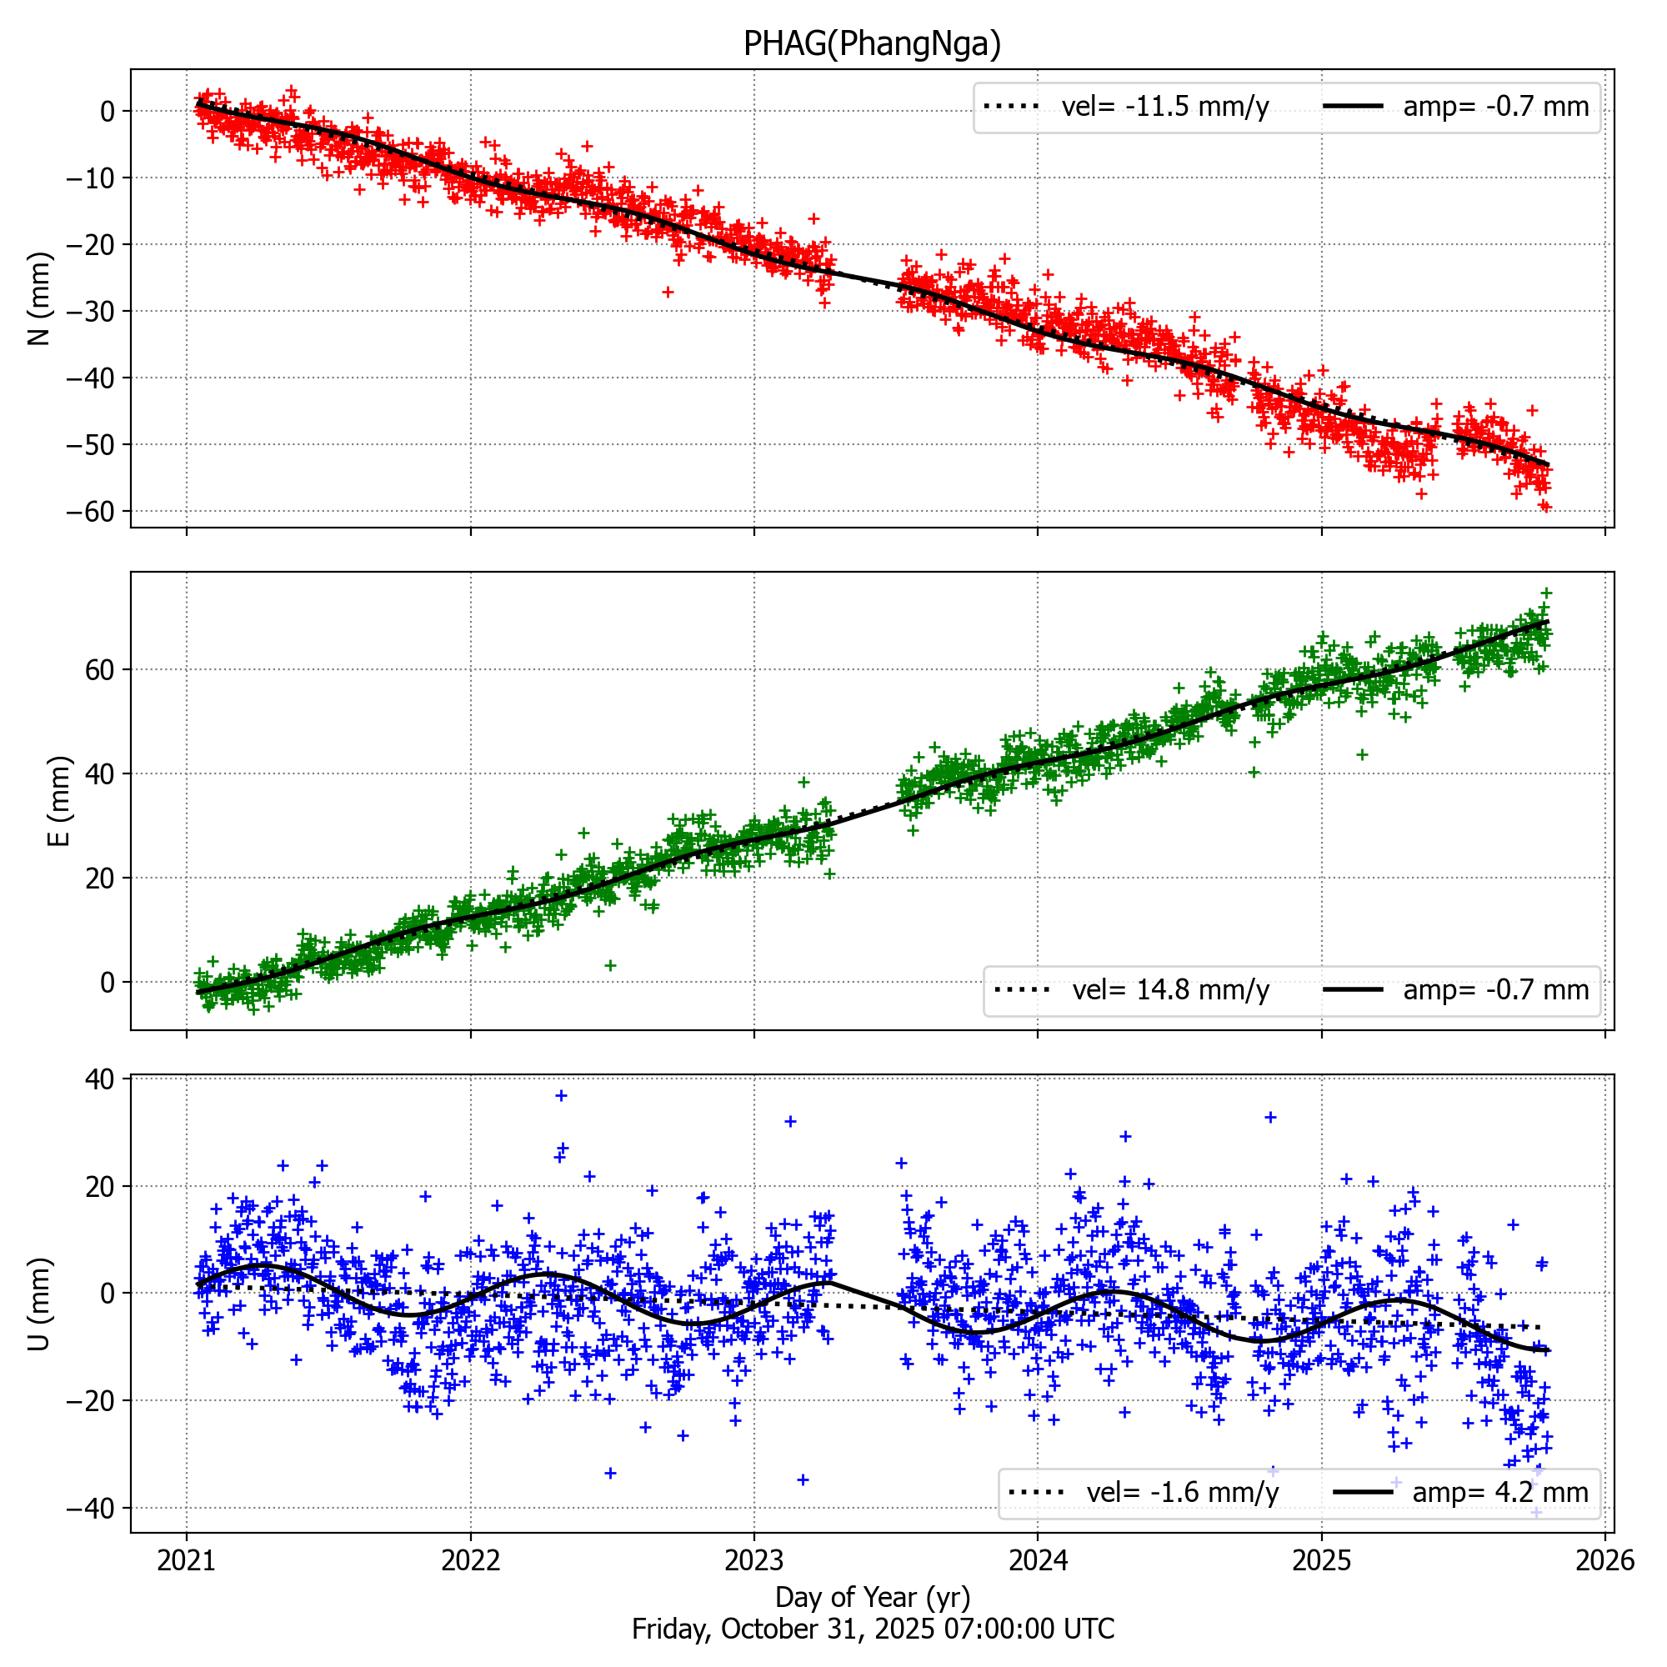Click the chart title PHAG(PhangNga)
pos(872,43)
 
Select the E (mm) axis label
pos(58,801)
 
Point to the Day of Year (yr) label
pos(873,1597)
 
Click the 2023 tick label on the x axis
pos(753,1560)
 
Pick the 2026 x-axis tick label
pos(1604,1560)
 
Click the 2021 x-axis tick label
pos(187,1560)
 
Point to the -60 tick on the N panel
pos(90,512)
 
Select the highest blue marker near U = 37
pos(561,1096)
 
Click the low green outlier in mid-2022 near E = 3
pos(610,965)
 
